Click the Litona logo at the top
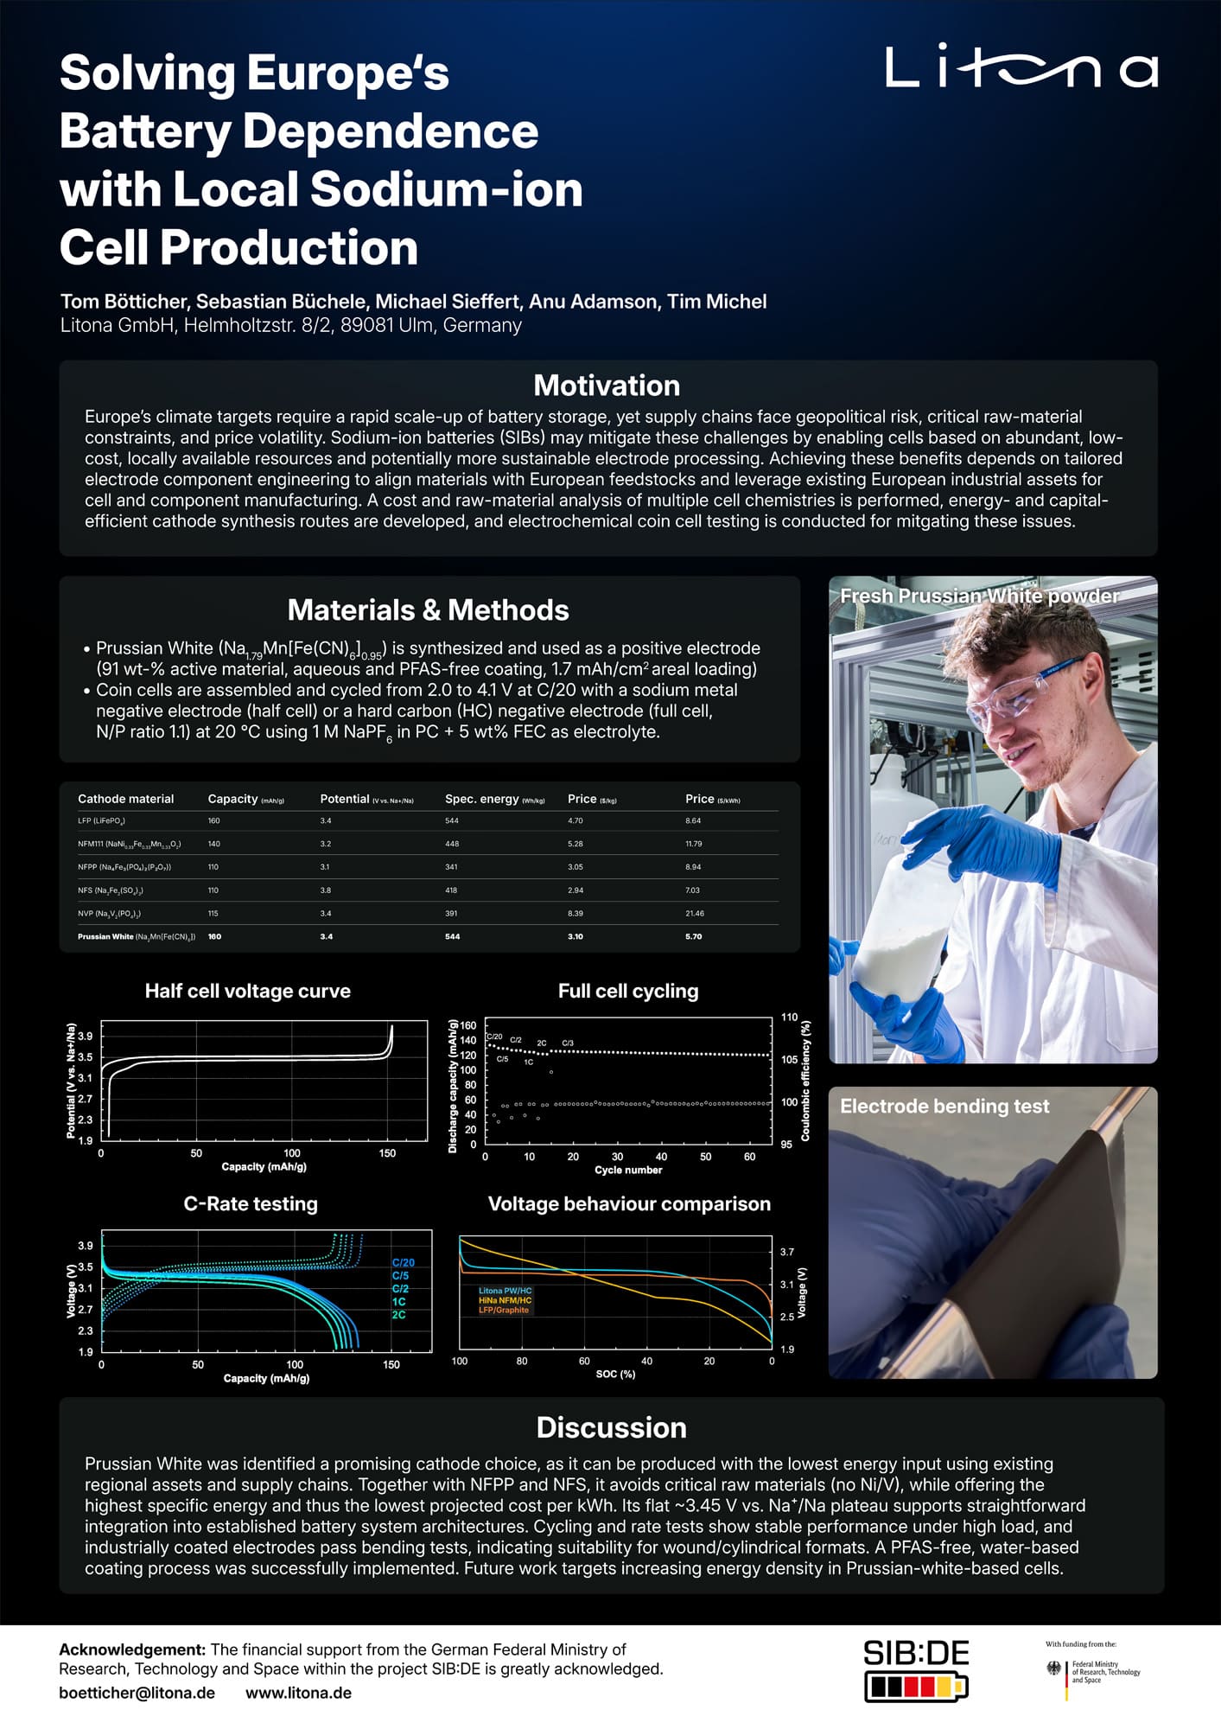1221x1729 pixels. point(1021,67)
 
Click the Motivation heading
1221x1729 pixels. point(607,385)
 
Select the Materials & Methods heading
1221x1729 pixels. point(428,609)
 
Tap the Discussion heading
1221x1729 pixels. point(611,1427)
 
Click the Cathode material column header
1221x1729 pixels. point(125,799)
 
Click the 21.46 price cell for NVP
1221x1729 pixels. point(694,913)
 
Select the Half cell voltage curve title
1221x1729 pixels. point(247,991)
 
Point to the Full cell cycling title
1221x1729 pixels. point(628,991)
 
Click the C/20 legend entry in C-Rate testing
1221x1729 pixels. point(403,1262)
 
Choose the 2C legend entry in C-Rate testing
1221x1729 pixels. point(398,1314)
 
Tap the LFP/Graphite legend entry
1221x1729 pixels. point(504,1310)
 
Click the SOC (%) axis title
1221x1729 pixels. point(615,1374)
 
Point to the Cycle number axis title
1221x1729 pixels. point(628,1170)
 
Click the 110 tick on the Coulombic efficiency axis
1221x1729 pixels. point(789,1017)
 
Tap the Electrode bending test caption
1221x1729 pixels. point(944,1106)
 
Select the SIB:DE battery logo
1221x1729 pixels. point(916,1669)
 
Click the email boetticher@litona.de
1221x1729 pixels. point(137,1693)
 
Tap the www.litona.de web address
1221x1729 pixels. point(298,1693)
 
